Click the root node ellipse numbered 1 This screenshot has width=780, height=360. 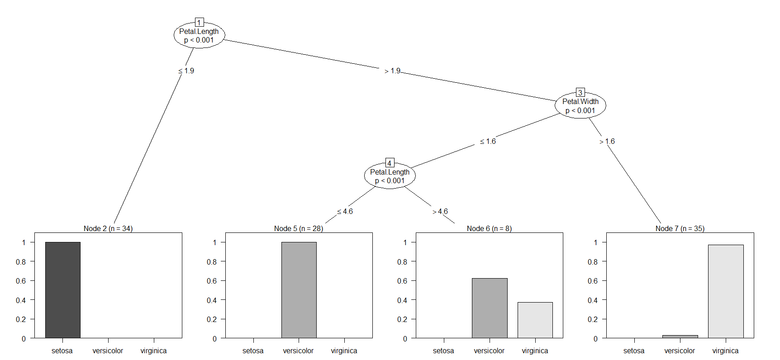[199, 35]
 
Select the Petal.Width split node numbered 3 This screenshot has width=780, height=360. [580, 106]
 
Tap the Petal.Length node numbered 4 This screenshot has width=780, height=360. [390, 176]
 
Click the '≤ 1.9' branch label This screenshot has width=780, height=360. [186, 71]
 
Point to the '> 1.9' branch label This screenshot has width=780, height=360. [392, 71]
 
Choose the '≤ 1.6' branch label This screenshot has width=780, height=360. [488, 142]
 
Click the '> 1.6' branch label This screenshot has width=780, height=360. [607, 142]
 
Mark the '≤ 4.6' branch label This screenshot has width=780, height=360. [345, 212]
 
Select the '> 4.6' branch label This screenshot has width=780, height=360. [440, 212]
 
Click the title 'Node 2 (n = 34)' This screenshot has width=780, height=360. [108, 228]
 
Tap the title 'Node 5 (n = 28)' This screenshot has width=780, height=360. [299, 228]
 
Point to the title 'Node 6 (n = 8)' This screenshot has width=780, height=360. [489, 228]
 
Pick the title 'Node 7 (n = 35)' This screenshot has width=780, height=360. [680, 228]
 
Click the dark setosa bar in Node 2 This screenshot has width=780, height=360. [63, 290]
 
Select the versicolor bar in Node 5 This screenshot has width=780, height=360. [299, 290]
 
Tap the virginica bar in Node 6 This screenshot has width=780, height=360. [535, 320]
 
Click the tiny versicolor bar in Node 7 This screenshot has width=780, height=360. [680, 336]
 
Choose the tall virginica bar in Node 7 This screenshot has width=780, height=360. [725, 291]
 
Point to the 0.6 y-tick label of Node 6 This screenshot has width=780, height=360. [402, 281]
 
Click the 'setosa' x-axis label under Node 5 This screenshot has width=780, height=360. [253, 351]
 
